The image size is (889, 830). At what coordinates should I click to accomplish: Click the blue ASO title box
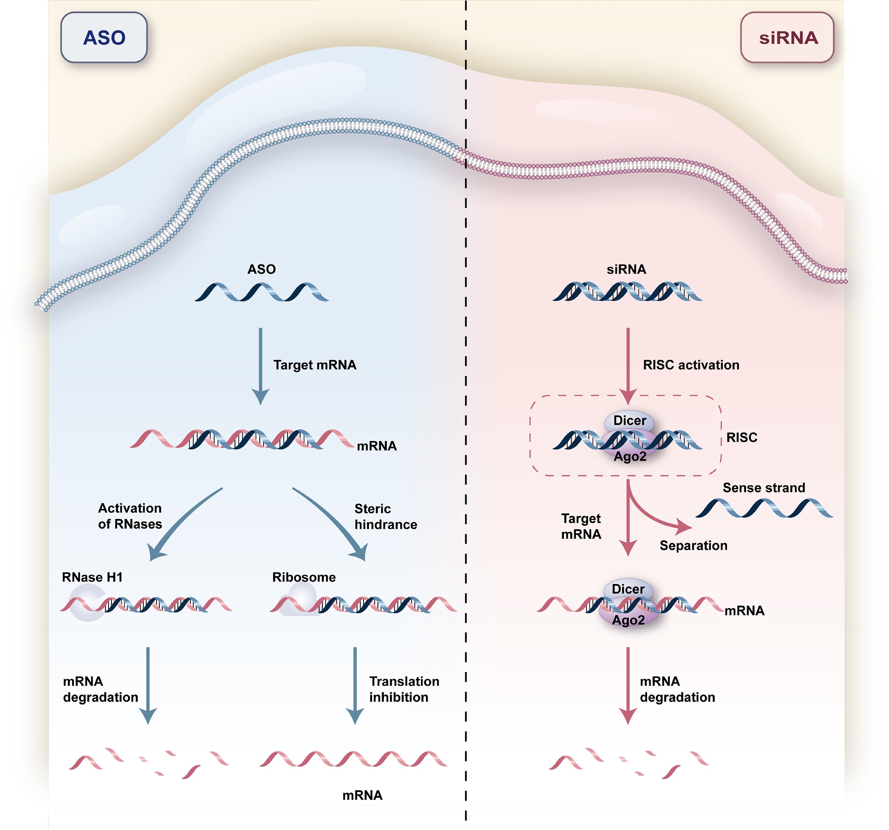pyautogui.click(x=104, y=37)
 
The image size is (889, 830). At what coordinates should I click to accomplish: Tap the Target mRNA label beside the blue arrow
pyautogui.click(x=315, y=365)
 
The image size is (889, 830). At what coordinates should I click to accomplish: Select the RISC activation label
pyautogui.click(x=691, y=365)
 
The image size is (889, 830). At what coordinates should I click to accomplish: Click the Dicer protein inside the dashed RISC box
pyautogui.click(x=629, y=421)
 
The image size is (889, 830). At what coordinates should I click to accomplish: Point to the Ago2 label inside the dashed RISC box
pyautogui.click(x=630, y=457)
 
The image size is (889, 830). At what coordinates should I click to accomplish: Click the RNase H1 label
pyautogui.click(x=92, y=577)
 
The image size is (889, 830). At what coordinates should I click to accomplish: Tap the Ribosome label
pyautogui.click(x=304, y=577)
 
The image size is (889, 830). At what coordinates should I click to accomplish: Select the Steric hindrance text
pyautogui.click(x=385, y=517)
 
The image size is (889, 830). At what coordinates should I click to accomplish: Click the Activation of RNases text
pyautogui.click(x=130, y=516)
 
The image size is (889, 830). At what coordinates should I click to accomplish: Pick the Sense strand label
pyautogui.click(x=764, y=488)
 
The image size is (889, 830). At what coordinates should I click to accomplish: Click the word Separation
pyautogui.click(x=693, y=545)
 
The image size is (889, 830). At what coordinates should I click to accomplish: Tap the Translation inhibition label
pyautogui.click(x=404, y=689)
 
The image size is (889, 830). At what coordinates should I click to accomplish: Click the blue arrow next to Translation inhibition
pyautogui.click(x=355, y=684)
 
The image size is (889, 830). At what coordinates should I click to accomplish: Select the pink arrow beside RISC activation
pyautogui.click(x=628, y=365)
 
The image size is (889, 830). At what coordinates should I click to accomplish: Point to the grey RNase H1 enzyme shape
pyautogui.click(x=85, y=604)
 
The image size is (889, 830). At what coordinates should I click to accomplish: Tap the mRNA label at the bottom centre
pyautogui.click(x=362, y=795)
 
